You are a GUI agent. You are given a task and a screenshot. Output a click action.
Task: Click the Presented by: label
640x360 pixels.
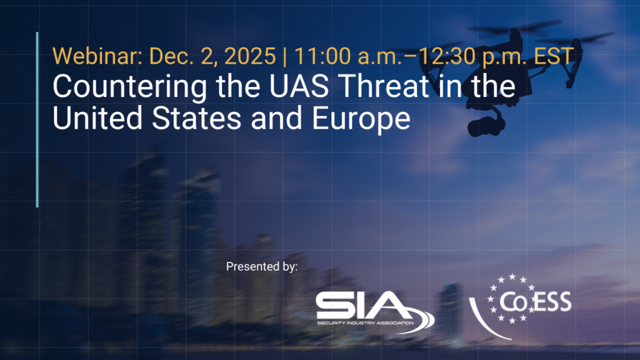(262, 267)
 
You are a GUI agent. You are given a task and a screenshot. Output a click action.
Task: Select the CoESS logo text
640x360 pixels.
(535, 302)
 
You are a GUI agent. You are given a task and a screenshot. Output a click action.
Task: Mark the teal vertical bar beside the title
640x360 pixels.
(37, 119)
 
